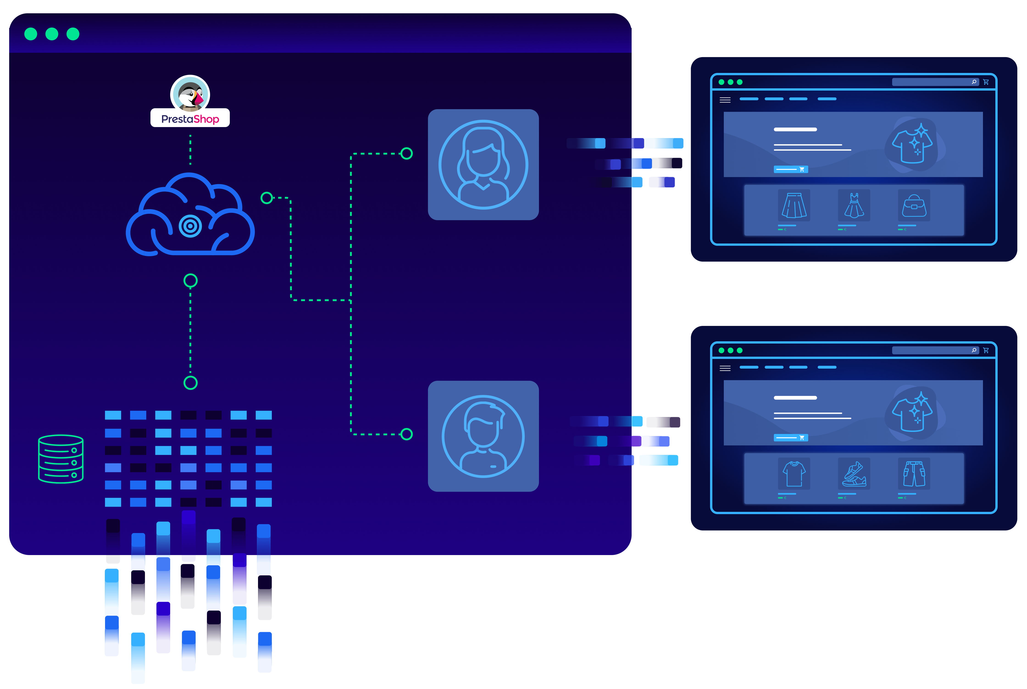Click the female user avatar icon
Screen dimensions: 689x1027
point(483,164)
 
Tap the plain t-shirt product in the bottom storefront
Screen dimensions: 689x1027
point(794,473)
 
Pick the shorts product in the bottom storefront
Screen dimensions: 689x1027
point(914,473)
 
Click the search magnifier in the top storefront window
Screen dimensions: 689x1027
point(974,82)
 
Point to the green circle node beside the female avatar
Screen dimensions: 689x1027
point(407,153)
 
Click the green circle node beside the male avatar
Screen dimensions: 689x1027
point(407,434)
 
